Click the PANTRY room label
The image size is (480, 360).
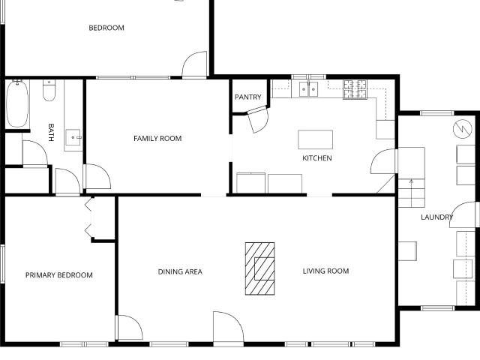point(248,97)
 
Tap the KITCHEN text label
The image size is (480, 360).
point(317,158)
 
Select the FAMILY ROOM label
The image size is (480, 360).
point(157,138)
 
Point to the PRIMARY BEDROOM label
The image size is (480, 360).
point(59,275)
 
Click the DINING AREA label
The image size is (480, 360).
point(180,271)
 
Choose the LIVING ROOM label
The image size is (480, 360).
point(325,271)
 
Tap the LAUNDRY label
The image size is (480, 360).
point(436,217)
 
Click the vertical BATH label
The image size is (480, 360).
point(51,133)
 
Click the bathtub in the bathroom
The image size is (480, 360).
point(17,103)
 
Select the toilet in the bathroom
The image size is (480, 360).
point(49,91)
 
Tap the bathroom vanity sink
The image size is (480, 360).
point(73,137)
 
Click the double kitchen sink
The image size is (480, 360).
point(308,89)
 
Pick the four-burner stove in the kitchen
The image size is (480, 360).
point(355,89)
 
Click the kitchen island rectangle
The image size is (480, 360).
point(315,139)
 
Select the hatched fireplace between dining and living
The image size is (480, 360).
point(260,268)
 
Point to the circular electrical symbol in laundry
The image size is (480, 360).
point(463,129)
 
